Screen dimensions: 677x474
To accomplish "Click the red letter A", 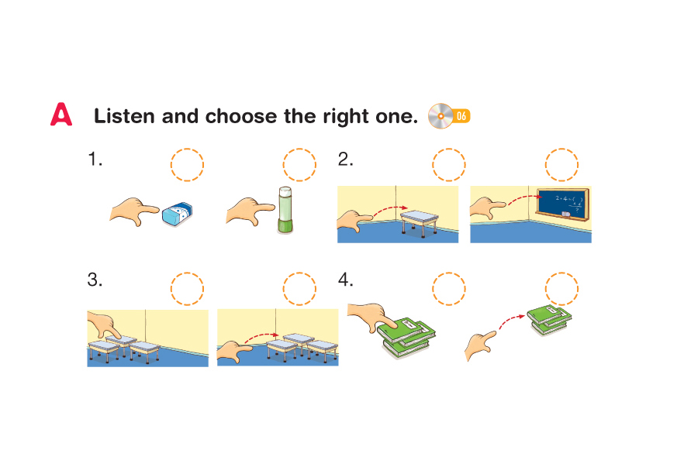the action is point(61,115).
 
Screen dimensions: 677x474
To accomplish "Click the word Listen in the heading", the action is point(124,116).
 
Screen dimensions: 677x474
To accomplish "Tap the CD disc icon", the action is point(440,116).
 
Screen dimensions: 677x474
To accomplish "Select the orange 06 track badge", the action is point(461,116).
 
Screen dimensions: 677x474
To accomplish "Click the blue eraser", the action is point(177,214).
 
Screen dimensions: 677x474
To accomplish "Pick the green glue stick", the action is point(285,210).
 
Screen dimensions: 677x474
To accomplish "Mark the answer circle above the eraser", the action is point(187,165).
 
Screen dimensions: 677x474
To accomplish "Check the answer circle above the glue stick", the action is point(299,165).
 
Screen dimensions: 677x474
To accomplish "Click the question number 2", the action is point(345,160).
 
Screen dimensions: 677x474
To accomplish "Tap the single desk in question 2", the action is point(420,222).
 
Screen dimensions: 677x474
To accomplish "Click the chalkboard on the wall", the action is point(562,204).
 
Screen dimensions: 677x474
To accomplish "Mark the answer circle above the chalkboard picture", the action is point(561,165).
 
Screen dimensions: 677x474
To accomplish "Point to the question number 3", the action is point(95,280).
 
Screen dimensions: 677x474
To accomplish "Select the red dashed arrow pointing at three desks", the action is point(262,337).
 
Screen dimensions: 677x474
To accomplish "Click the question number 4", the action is point(345,280).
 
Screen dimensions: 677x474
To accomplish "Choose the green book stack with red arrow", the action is point(549,320).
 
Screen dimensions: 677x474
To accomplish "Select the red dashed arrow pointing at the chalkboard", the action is point(524,199).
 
